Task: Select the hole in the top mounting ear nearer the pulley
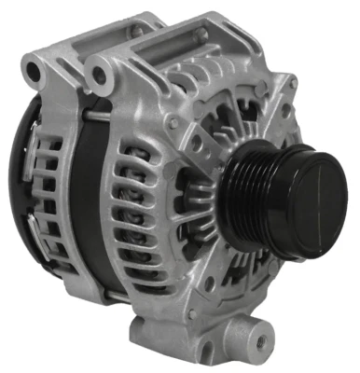tap(98, 71)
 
